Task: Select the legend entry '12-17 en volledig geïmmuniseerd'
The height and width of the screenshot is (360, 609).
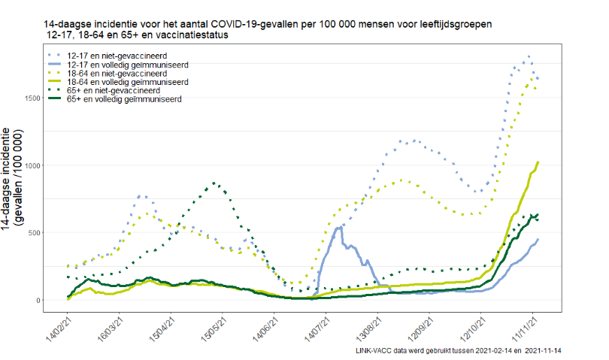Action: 127,65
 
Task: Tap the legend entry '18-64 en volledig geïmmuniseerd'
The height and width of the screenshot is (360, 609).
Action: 127,82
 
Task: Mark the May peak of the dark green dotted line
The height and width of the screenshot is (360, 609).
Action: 216,183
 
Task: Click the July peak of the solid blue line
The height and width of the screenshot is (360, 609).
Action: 339,226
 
